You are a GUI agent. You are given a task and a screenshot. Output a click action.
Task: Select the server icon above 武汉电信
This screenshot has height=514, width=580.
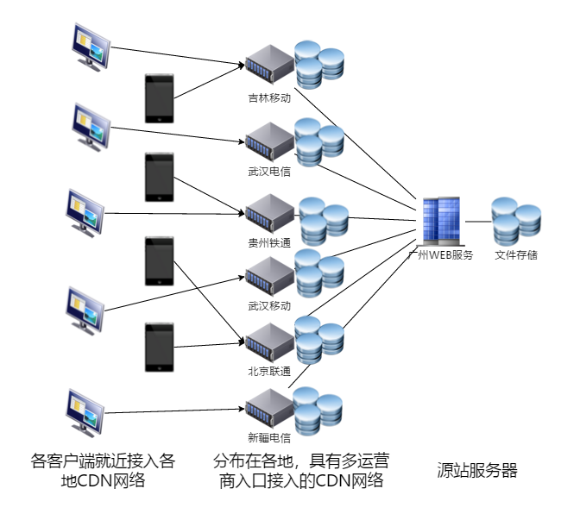click(x=269, y=141)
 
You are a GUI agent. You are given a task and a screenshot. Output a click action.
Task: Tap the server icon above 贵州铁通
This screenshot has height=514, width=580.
click(x=269, y=214)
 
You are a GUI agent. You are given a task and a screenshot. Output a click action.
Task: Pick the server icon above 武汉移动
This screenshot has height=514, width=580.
click(x=269, y=278)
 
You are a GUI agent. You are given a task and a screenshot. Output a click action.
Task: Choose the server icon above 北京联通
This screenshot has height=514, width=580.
click(x=269, y=343)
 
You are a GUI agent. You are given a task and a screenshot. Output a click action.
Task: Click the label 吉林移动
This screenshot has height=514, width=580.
click(x=269, y=98)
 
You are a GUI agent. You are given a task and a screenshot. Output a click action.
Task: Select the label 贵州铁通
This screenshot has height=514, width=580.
click(x=269, y=244)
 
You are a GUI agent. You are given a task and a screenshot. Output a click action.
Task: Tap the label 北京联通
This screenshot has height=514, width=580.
click(x=269, y=372)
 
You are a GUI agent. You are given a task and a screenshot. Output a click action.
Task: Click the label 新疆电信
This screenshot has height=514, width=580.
click(x=269, y=436)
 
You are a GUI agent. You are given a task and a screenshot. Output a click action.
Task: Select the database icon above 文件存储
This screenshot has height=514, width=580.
click(x=516, y=222)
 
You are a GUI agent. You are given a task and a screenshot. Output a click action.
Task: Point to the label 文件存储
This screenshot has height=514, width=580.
click(x=516, y=255)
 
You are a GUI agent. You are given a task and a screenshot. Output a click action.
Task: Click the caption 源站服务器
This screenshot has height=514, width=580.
click(x=477, y=471)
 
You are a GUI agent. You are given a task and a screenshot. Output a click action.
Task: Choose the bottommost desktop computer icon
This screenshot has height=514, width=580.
click(x=89, y=412)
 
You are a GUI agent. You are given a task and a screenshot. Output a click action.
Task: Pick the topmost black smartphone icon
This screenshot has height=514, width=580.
click(x=160, y=98)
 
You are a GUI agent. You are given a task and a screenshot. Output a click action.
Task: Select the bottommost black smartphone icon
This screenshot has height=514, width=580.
click(x=160, y=347)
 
